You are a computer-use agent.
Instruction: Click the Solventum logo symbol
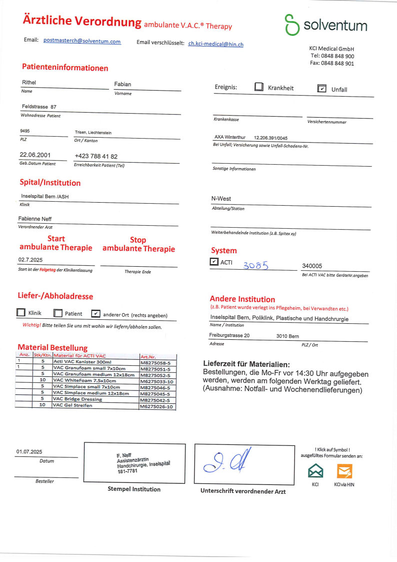pyautogui.click(x=291, y=25)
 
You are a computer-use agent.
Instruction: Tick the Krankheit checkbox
pyautogui.click(x=258, y=87)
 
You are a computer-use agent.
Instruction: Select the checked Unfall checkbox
pyautogui.click(x=322, y=89)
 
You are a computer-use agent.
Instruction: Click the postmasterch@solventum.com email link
pyautogui.click(x=82, y=41)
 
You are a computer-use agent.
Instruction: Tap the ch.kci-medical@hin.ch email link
pyautogui.click(x=216, y=44)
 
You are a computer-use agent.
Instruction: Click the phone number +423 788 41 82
pyautogui.click(x=96, y=157)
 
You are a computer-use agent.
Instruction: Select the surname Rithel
pyautogui.click(x=29, y=83)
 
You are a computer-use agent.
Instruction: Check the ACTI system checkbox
pyautogui.click(x=214, y=262)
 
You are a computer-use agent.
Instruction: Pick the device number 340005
pyautogui.click(x=312, y=266)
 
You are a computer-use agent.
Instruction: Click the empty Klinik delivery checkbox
pyautogui.click(x=21, y=313)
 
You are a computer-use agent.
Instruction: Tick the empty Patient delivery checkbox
pyautogui.click(x=58, y=313)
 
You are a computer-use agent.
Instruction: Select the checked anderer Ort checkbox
pyautogui.click(x=95, y=314)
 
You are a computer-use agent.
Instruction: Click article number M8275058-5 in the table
pyautogui.click(x=155, y=361)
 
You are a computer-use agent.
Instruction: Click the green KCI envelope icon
pyautogui.click(x=315, y=471)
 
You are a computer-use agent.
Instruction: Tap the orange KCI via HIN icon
pyautogui.click(x=344, y=471)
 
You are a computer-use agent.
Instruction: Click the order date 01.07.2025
pyautogui.click(x=29, y=452)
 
